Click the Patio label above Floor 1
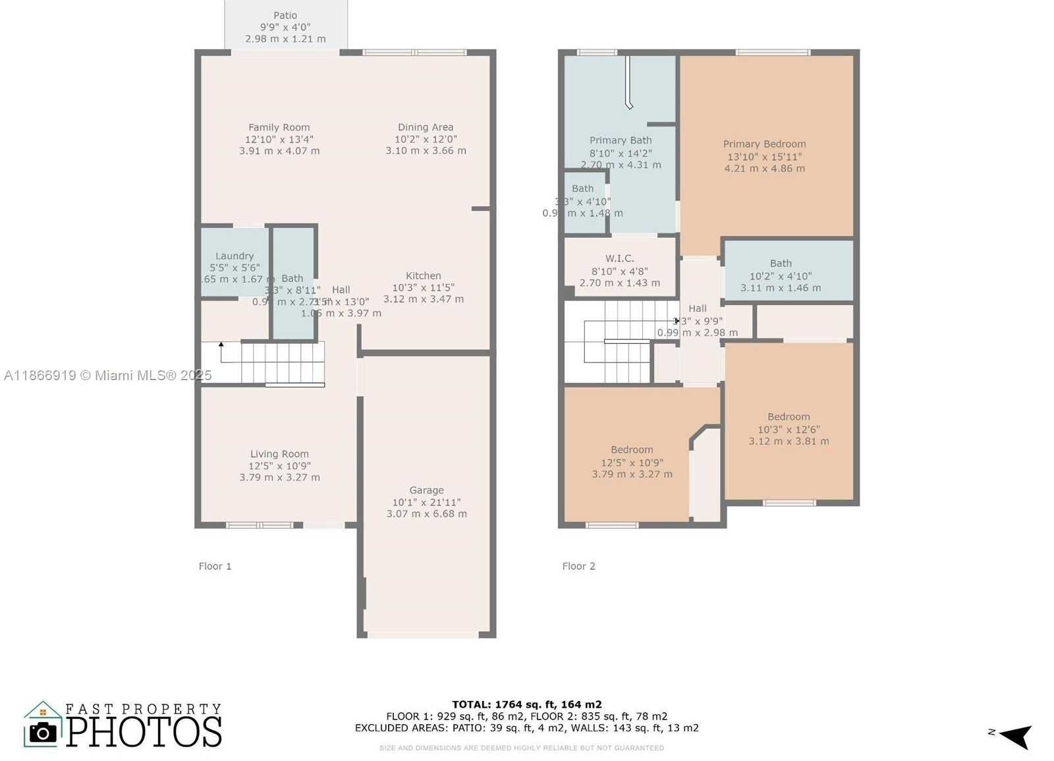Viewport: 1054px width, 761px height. (285, 16)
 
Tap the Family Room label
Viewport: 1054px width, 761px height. (279, 128)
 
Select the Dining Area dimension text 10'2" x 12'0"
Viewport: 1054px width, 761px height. (426, 139)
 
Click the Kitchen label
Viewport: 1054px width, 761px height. (423, 276)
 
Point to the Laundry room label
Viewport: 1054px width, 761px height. (235, 256)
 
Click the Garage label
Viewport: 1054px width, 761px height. (426, 490)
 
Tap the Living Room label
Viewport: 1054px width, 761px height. (279, 454)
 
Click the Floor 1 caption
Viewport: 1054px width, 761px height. (215, 566)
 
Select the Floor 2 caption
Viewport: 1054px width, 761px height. (578, 566)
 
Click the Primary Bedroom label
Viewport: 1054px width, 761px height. (764, 144)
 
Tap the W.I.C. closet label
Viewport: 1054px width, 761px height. (619, 259)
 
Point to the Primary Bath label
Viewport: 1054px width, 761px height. (621, 140)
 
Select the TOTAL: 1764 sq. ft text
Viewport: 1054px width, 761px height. (526, 704)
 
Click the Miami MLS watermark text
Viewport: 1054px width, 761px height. (108, 376)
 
